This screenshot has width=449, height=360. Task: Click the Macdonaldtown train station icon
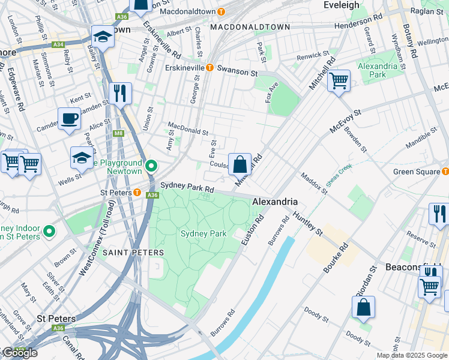click(221, 11)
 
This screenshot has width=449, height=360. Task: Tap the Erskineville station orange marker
click(210, 68)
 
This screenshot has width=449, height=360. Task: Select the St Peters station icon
click(137, 193)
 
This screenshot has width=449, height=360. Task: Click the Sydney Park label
click(203, 233)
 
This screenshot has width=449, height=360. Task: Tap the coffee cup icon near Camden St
click(69, 119)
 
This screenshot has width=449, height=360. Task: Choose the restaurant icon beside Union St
click(121, 94)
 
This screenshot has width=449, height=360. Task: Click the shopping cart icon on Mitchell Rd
click(339, 80)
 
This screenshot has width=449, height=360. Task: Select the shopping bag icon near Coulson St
click(240, 164)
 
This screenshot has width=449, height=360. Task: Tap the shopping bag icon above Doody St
click(363, 307)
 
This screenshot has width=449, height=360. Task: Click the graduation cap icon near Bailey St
click(103, 37)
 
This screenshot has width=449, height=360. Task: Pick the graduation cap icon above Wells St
click(82, 158)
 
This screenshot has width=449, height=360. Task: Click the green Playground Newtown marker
click(151, 166)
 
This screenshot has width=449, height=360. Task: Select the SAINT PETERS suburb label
click(133, 253)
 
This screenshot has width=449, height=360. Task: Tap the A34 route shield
click(58, 44)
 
